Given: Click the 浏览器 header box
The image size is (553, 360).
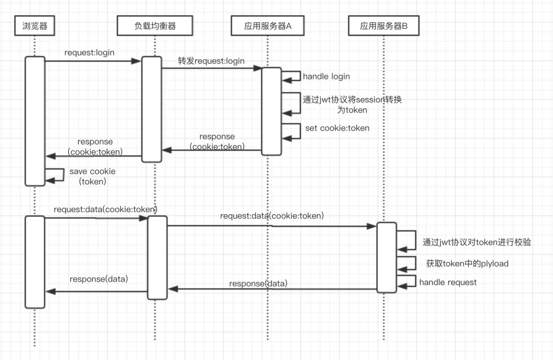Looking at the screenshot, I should pyautogui.click(x=35, y=26).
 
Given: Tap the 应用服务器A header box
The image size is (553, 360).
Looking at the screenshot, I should pyautogui.click(x=267, y=26).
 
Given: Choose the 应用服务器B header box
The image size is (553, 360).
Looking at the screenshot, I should pyautogui.click(x=384, y=26).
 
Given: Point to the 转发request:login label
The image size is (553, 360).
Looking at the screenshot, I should pyautogui.click(x=211, y=61).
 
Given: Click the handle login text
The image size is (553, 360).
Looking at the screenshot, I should pyautogui.click(x=326, y=76).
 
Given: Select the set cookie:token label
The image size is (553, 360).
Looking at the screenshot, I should pyautogui.click(x=337, y=128).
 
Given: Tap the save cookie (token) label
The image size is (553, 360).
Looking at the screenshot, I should pyautogui.click(x=92, y=176).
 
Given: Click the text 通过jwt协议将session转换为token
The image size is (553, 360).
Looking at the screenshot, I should pyautogui.click(x=352, y=104).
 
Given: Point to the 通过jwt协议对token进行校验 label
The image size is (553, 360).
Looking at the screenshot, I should pyautogui.click(x=477, y=242).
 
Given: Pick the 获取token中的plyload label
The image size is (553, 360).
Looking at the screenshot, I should pyautogui.click(x=467, y=264).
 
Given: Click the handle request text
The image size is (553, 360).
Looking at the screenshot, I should pyautogui.click(x=448, y=283).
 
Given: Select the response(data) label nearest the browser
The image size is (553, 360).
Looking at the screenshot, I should pyautogui.click(x=99, y=279).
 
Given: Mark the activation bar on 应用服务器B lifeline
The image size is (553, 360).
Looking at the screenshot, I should pyautogui.click(x=386, y=257).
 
